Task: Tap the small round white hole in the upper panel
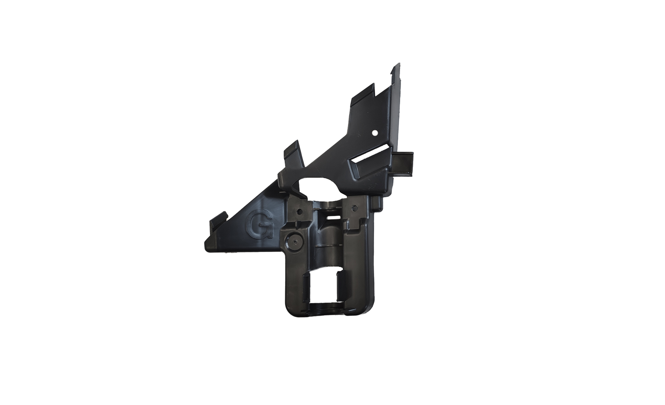(375, 133)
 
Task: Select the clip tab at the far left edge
(218, 221)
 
